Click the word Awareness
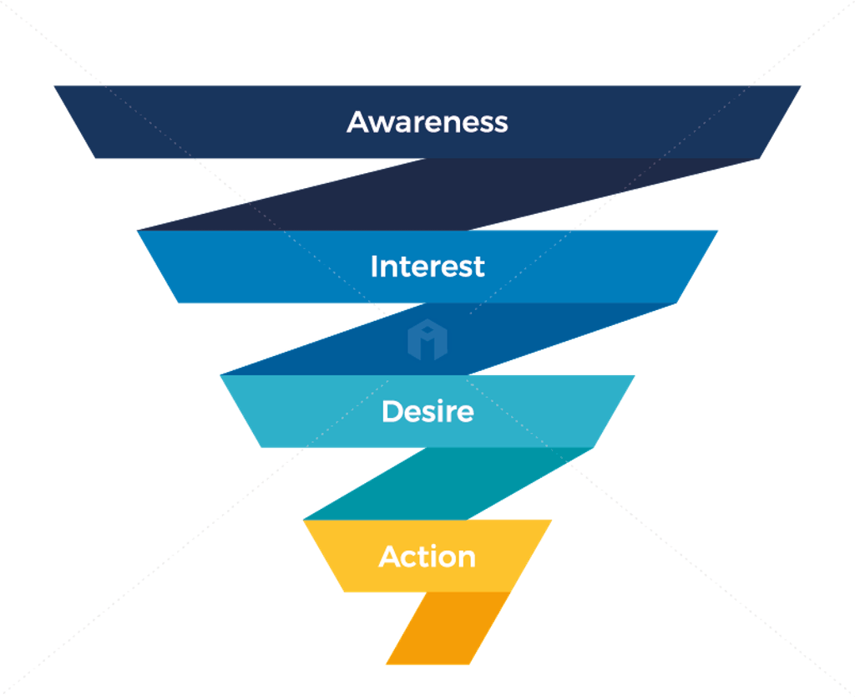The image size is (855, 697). (x=427, y=122)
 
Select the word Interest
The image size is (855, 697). (x=427, y=267)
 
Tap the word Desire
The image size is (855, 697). (x=427, y=411)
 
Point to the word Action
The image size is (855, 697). (x=427, y=557)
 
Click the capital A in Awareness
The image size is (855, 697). (x=358, y=122)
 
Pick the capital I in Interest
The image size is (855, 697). (x=375, y=267)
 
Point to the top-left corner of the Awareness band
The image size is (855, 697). (x=55, y=86)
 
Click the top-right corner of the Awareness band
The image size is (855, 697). (x=800, y=86)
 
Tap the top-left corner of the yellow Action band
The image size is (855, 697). (x=304, y=521)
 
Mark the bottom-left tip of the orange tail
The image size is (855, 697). (x=387, y=664)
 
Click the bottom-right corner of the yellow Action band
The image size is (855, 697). (x=511, y=592)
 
